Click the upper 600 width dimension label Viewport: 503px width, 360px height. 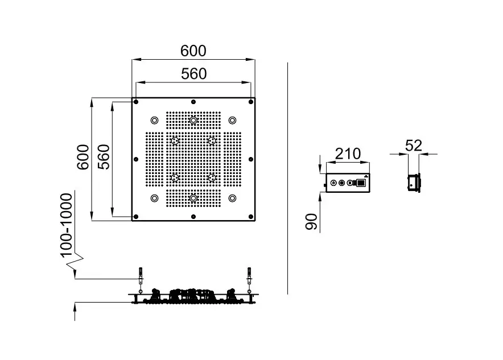(193, 51)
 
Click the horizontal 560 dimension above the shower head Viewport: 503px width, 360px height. (193, 73)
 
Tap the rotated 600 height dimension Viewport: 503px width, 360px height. (83, 157)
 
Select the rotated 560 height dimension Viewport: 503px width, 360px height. (104, 157)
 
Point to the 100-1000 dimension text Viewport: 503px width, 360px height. (66, 223)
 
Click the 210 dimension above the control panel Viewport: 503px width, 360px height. (348, 154)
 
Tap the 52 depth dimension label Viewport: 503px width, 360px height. (414, 146)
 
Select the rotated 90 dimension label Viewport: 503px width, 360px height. (311, 222)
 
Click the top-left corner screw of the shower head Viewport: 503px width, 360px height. (137, 102)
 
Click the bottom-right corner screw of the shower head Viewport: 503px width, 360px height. (250, 216)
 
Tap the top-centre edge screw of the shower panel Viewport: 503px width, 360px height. (193, 102)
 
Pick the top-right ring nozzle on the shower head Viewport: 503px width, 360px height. (232, 120)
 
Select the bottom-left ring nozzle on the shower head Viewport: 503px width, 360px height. (154, 198)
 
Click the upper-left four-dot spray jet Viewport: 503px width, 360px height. (175, 140)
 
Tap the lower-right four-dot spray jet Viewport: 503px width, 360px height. (212, 178)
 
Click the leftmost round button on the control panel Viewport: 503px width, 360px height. (333, 183)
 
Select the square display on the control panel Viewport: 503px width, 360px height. (360, 183)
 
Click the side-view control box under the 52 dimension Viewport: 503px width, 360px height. (414, 183)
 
